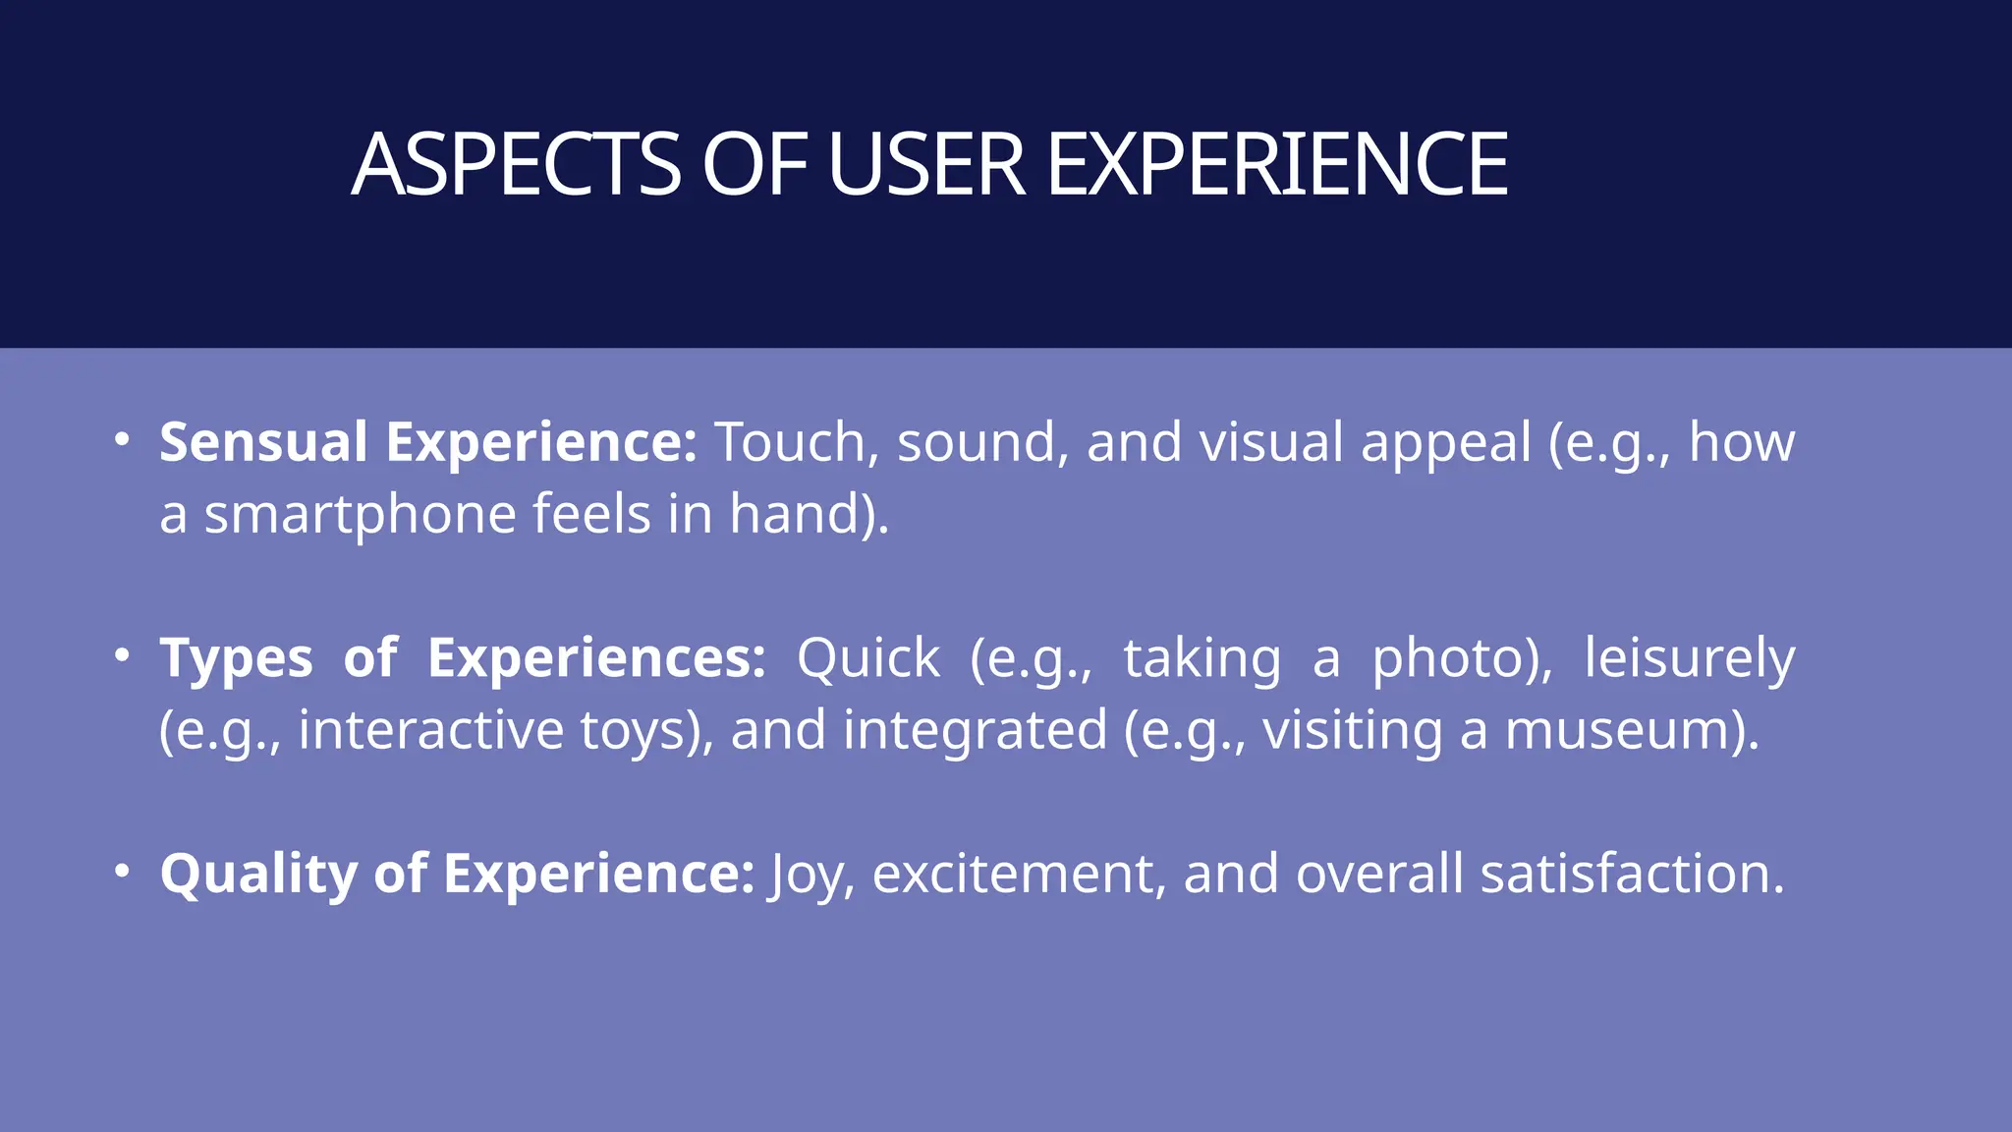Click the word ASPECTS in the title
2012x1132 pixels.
516,165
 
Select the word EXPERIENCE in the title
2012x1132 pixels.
1277,165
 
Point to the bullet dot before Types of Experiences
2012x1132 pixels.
121,655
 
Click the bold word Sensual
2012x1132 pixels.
263,442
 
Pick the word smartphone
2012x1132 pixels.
360,515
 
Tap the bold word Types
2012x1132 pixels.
236,658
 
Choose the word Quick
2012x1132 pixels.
867,658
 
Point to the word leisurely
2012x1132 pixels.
1690,658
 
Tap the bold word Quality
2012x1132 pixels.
258,875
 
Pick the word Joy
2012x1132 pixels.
804,875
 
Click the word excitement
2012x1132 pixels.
1012,875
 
